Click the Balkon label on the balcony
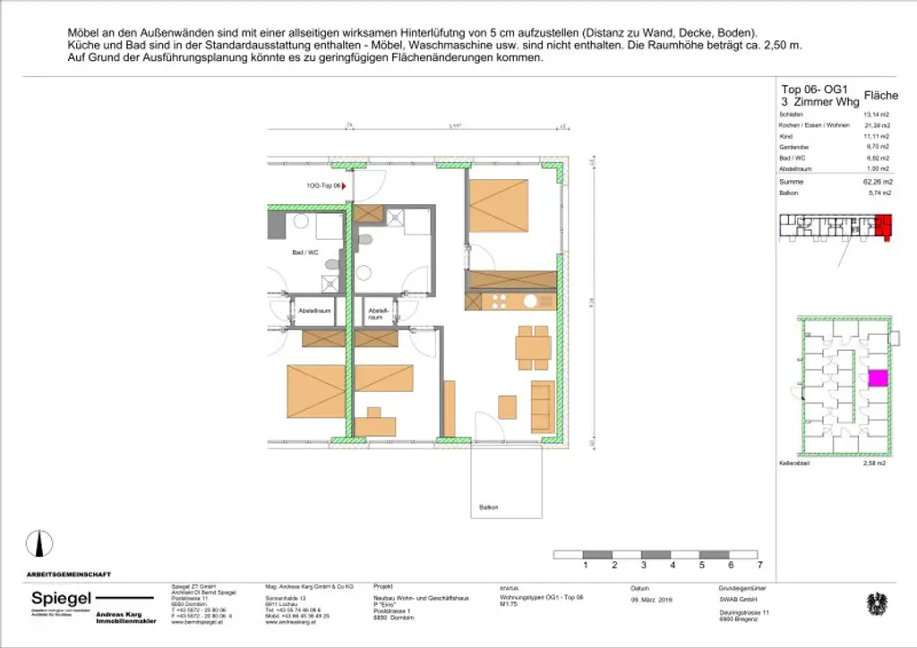click(488, 507)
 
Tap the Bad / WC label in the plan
click(305, 253)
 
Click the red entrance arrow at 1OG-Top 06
click(345, 187)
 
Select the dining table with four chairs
click(533, 346)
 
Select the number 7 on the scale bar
click(759, 566)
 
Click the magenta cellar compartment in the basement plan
click(878, 379)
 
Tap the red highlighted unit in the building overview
click(885, 226)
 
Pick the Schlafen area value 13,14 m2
click(876, 115)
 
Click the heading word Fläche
click(879, 95)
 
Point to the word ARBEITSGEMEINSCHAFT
click(69, 574)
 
